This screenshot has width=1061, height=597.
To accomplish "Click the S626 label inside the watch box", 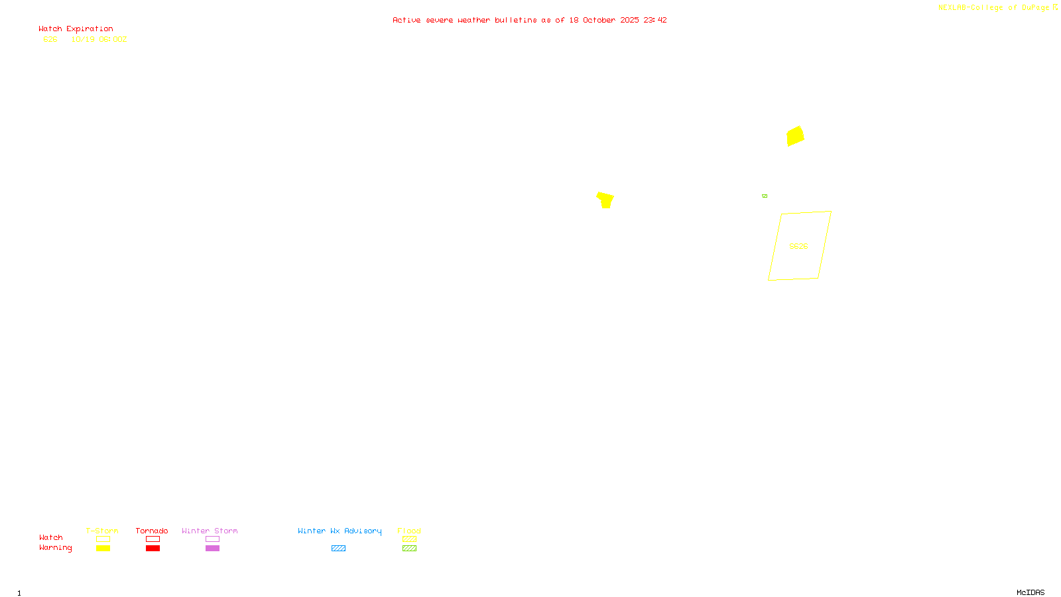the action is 798,246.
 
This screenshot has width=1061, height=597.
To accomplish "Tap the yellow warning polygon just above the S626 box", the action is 795,136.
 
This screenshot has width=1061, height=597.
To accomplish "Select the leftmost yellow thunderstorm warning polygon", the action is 605,200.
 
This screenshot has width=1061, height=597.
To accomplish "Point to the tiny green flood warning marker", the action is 765,196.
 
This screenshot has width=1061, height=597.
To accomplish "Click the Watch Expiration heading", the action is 76,29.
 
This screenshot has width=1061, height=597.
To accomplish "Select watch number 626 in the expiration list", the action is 50,40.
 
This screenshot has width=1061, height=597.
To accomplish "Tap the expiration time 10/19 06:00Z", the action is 99,40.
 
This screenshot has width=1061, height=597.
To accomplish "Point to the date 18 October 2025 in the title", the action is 604,21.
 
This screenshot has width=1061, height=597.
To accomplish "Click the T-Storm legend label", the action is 102,531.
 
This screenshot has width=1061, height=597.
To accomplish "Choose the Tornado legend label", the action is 152,531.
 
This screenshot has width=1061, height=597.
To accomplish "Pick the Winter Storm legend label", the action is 210,531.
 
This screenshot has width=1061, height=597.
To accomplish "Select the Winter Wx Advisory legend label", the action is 340,531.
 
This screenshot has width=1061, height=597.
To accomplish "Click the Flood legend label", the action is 409,531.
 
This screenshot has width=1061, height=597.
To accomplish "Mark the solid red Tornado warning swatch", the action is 153,549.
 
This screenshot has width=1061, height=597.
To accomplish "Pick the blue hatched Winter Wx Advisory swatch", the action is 338,549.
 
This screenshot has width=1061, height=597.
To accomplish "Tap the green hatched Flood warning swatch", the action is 409,549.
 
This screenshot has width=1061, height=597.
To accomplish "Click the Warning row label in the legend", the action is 55,548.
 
